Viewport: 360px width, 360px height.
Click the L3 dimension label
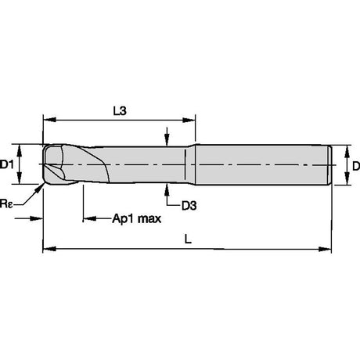(120, 111)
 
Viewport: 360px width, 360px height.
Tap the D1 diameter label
(7, 165)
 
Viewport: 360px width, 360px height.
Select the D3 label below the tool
(189, 206)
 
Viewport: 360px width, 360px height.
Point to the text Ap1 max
(137, 218)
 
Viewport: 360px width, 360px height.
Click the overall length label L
(188, 239)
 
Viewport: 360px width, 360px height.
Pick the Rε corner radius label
(6, 203)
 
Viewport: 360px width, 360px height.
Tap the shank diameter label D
(356, 166)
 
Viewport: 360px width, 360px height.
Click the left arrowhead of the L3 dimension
(49, 120)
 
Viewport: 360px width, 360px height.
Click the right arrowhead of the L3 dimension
(189, 120)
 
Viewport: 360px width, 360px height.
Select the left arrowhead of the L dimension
(49, 249)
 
